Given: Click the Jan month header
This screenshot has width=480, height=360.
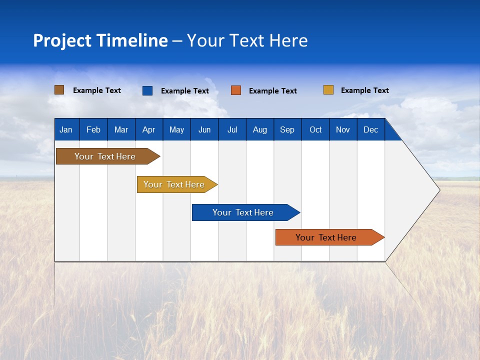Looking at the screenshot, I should tap(66, 129).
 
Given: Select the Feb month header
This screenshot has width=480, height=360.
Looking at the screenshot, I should tap(93, 129).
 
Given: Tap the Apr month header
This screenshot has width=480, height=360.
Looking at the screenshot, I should tap(148, 129).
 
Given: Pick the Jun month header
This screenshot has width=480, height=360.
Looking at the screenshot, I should tap(204, 129).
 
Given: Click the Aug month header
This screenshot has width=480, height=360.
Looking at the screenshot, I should tap(259, 129).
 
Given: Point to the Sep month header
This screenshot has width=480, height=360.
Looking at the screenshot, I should tap(287, 129).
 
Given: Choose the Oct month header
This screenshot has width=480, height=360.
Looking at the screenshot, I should tap(315, 129).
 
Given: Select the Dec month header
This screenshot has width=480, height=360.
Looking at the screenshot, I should tap(370, 129).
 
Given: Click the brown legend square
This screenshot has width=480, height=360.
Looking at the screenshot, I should tap(59, 90).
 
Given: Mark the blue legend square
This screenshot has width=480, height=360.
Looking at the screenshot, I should tap(147, 90).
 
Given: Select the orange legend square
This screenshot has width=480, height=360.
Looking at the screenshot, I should tap(236, 90).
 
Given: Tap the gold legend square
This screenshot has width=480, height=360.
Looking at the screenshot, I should tap(328, 90).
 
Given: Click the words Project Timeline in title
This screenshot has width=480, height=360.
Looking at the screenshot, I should tap(100, 40).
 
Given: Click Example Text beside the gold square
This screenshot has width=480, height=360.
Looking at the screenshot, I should tap(364, 90).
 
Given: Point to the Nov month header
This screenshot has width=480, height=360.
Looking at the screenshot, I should tap(343, 129).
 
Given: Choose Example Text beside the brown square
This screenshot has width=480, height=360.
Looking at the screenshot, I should tap(97, 90).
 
